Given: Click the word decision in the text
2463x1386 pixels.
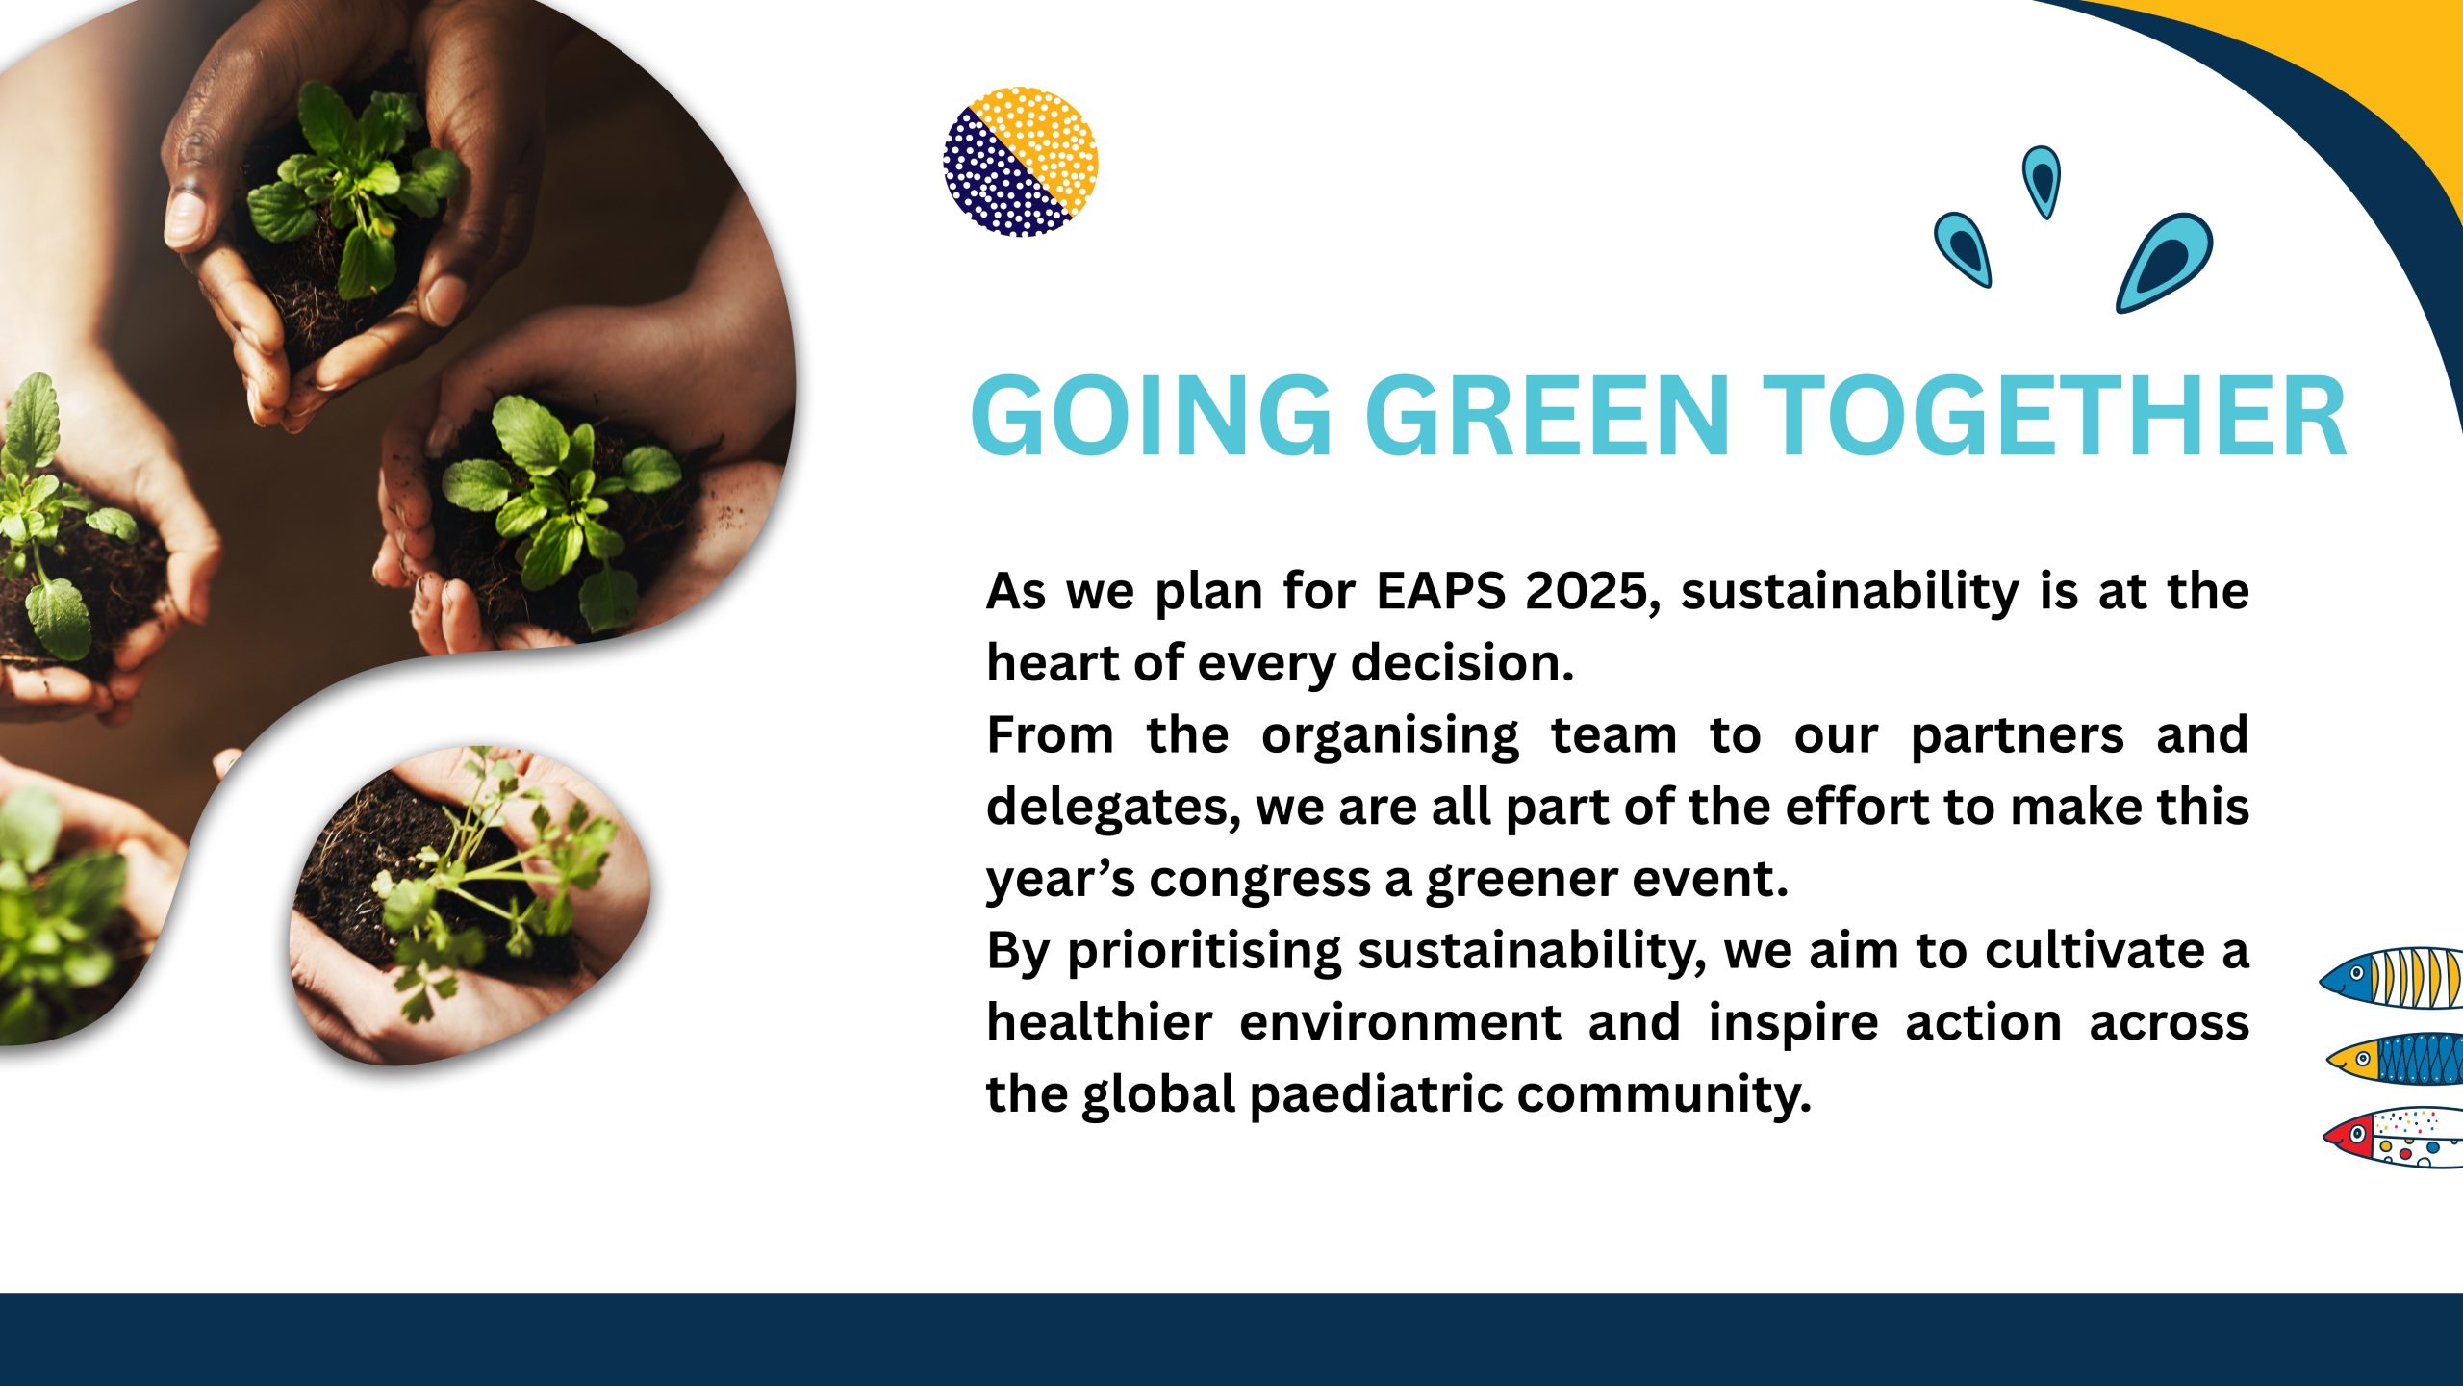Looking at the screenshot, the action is coord(1461,662).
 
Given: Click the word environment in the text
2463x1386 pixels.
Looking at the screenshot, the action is coord(1400,1023).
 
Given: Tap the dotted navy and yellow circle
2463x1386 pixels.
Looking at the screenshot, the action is coord(1021,162).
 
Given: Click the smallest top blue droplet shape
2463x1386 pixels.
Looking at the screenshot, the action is coord(2042,181).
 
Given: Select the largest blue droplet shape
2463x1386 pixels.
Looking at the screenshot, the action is coord(2163,262).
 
